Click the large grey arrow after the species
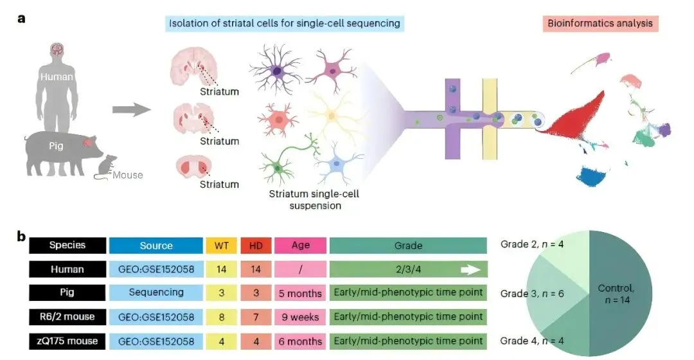click(131, 110)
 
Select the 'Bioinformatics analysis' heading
click(600, 24)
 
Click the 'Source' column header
click(156, 246)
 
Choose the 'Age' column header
click(299, 246)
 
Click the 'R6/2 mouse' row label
click(67, 316)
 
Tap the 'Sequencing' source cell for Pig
click(156, 292)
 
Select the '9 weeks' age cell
click(299, 316)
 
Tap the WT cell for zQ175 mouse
click(222, 340)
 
